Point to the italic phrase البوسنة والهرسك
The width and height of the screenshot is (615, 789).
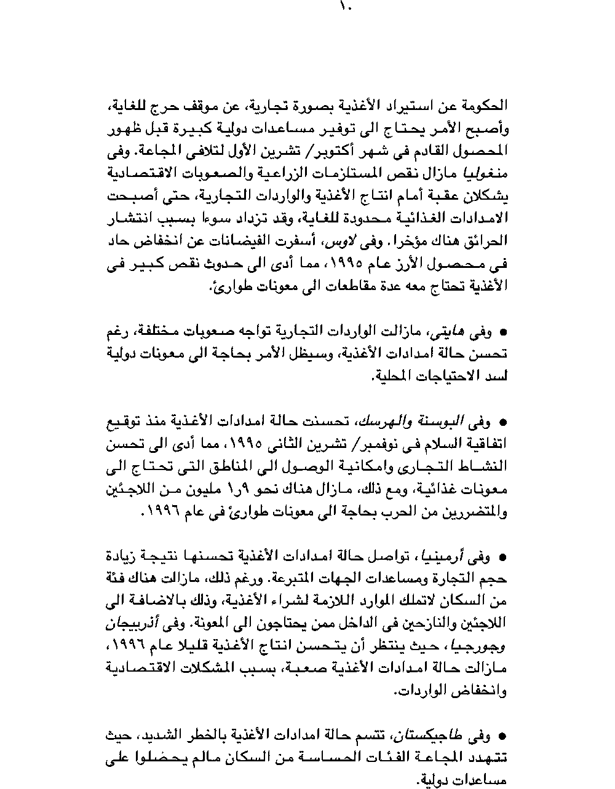click(x=408, y=422)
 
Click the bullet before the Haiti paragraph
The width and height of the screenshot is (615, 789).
click(x=502, y=333)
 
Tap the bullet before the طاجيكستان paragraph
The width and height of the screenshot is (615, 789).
click(x=502, y=736)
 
